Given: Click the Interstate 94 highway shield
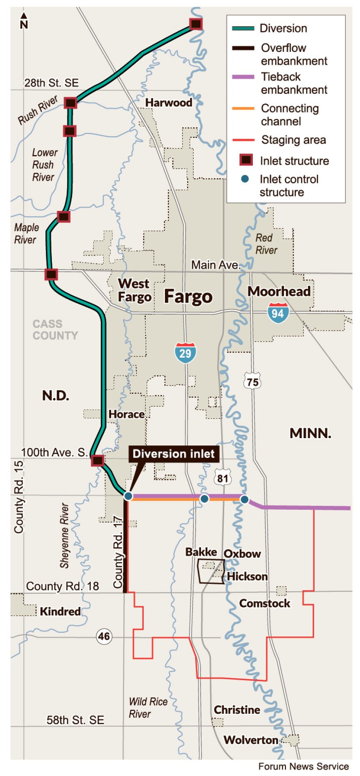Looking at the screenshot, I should (x=278, y=313).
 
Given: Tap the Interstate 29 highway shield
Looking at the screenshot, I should (x=185, y=353).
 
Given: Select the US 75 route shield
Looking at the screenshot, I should (x=253, y=382).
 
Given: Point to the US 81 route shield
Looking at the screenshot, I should (x=222, y=478).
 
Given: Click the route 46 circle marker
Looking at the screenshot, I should (x=104, y=636).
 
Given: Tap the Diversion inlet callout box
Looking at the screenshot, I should (x=174, y=454).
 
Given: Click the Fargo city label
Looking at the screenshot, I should (x=188, y=297).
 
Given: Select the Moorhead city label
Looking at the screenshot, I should (x=279, y=292).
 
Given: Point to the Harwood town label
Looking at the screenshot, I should (x=168, y=102).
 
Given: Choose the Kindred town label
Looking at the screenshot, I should (x=60, y=611).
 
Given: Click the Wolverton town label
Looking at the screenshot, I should (x=251, y=740).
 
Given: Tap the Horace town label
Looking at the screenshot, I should (x=126, y=414).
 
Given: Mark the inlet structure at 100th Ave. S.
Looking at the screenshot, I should (x=98, y=460).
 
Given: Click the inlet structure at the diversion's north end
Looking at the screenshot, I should (x=196, y=24).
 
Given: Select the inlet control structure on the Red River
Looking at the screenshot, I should (x=244, y=499).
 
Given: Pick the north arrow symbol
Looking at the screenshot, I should (x=24, y=21).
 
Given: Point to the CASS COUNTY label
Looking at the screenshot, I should (x=55, y=330).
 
